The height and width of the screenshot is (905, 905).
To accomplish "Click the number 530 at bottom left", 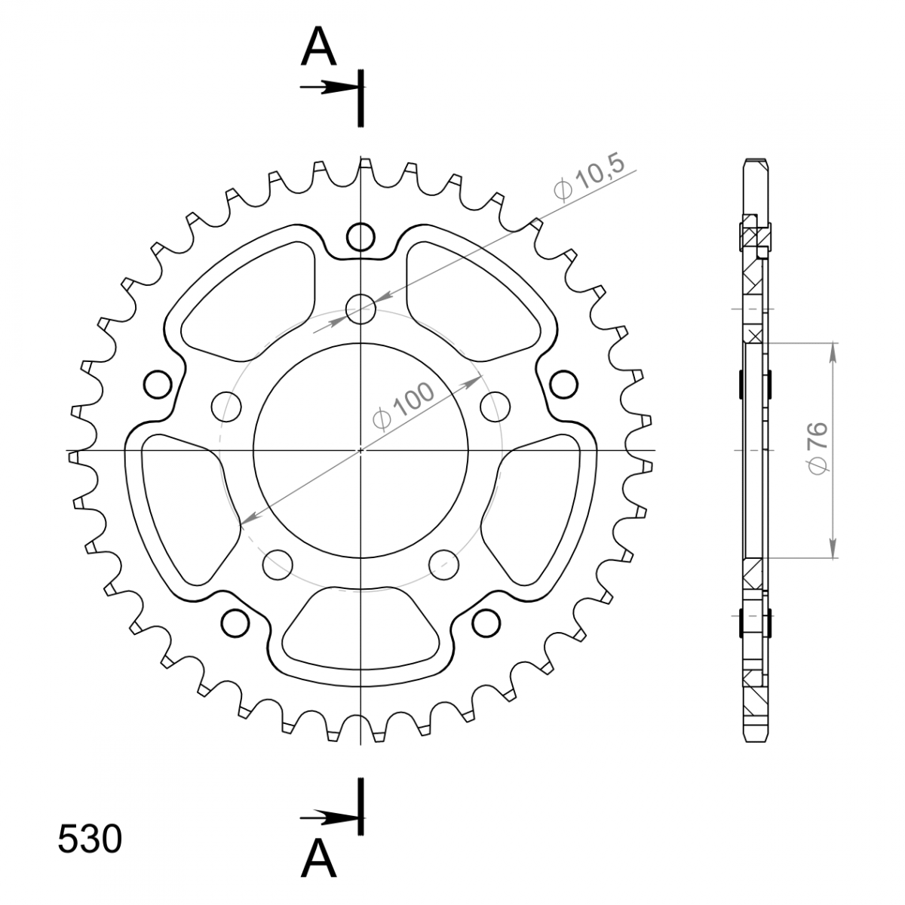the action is pyautogui.click(x=90, y=839).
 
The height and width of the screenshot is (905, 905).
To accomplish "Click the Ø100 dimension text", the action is pyautogui.click(x=403, y=406).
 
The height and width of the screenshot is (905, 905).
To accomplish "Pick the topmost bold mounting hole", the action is pyautogui.click(x=360, y=237).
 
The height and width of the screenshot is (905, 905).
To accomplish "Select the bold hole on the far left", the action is pyautogui.click(x=158, y=385).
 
